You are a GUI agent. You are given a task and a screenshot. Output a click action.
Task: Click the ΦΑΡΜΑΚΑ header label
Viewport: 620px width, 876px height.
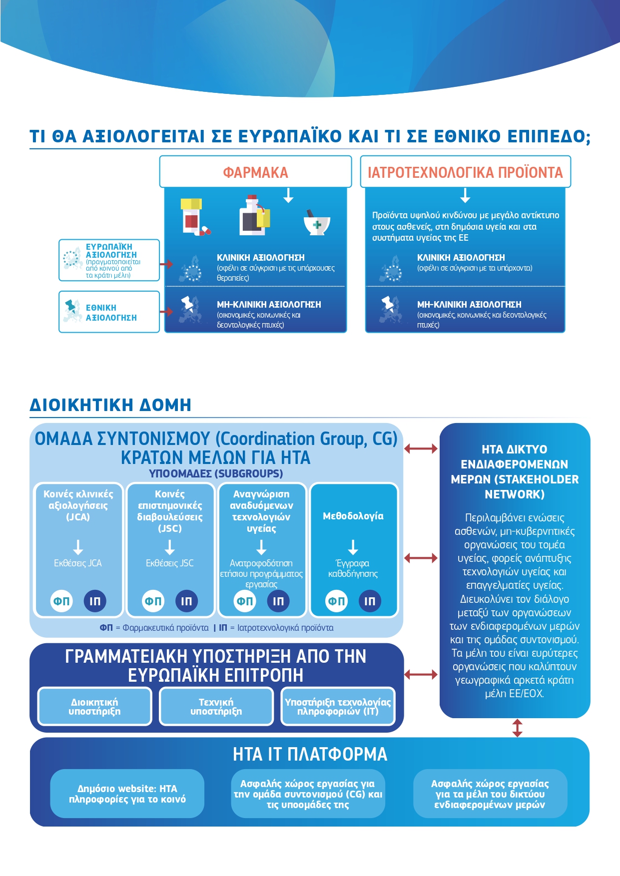coord(255,172)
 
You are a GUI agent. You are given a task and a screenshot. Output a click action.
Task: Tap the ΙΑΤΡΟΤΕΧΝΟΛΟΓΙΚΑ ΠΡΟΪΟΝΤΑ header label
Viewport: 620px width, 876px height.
coord(465,172)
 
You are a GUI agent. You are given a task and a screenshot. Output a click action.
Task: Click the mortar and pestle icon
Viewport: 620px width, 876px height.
coord(317,223)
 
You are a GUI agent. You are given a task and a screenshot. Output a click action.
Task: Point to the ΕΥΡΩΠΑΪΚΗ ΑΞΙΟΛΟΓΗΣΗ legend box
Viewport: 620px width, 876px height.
coord(109,260)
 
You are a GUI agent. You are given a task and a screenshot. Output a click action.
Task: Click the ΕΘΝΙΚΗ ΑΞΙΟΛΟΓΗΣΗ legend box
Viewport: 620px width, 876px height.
coord(109,312)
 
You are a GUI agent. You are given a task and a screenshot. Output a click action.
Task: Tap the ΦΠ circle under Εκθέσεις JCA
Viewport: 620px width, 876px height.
coord(61,601)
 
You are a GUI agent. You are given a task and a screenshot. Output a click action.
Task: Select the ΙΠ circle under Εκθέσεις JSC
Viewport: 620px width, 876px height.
coord(186,601)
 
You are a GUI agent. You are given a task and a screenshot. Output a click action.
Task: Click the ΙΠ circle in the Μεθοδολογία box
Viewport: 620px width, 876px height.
coord(370,601)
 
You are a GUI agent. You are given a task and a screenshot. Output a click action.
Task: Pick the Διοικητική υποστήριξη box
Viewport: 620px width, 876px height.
coord(94,707)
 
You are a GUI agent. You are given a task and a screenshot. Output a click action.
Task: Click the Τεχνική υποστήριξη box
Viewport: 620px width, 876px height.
coord(216,707)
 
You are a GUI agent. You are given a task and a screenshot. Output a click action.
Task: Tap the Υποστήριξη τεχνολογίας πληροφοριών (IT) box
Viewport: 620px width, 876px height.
coord(338,707)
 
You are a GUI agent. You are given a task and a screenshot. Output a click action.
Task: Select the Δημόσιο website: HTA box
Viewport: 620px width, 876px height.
coord(127,794)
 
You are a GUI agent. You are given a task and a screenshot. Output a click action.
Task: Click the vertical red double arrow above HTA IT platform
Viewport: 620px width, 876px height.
coord(517,728)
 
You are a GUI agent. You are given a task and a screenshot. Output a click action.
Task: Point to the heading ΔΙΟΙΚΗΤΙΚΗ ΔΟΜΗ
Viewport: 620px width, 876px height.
coord(110,405)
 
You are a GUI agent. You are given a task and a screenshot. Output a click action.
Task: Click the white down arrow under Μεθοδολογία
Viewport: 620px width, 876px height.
coord(353,547)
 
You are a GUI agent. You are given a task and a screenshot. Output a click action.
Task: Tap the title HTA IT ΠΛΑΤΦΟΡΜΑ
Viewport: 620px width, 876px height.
coord(310,754)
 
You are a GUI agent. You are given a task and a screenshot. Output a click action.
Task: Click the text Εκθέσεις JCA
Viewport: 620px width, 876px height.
coord(78,563)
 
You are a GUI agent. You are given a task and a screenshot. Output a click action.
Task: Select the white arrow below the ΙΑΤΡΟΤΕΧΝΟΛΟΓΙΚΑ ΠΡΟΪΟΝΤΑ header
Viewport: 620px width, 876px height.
coord(465,195)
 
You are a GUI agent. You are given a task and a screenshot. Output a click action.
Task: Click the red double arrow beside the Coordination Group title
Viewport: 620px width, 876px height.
coord(421,448)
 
